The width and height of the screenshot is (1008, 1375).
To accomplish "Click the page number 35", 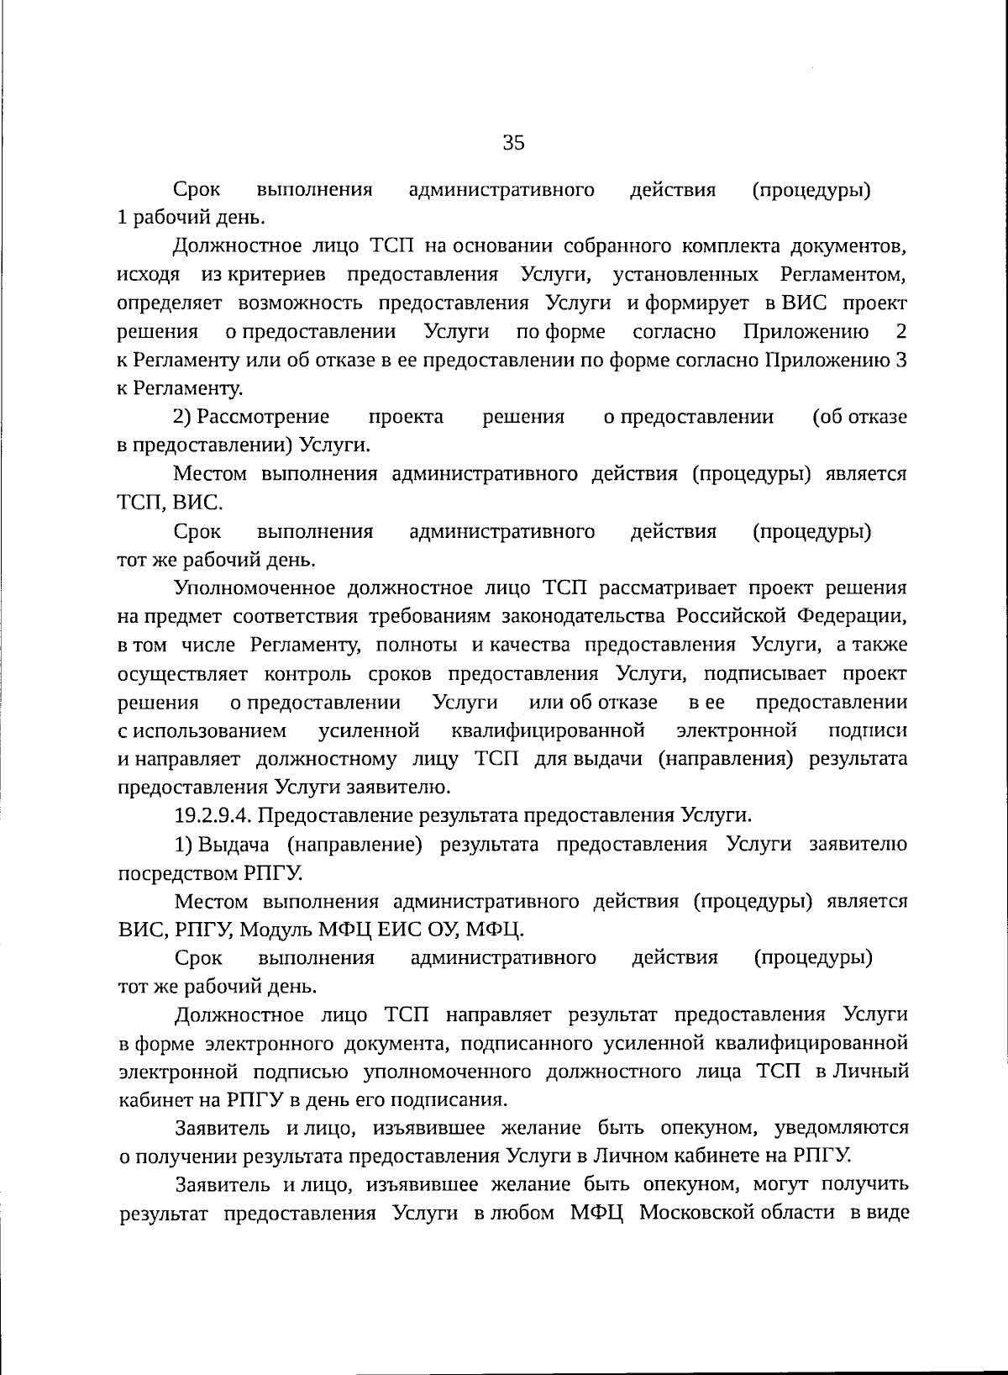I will coord(513,142).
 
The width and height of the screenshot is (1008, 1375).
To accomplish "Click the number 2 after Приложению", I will coord(900,331).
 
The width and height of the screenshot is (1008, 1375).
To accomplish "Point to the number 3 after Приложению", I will coord(900,360).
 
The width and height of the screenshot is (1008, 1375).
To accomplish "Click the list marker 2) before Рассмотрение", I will coord(182,417).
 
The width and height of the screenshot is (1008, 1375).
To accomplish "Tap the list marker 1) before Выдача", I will coord(184,844).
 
